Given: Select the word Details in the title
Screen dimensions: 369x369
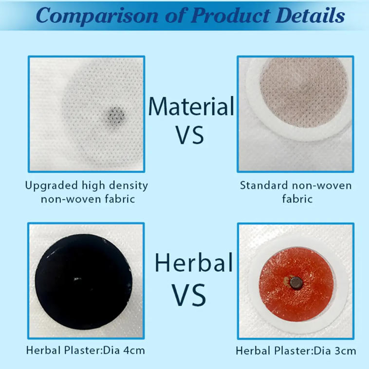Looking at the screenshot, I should pyautogui.click(x=310, y=16).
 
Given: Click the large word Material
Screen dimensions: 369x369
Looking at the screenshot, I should pyautogui.click(x=191, y=106).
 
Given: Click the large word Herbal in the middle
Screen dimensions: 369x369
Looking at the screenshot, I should pyautogui.click(x=193, y=263).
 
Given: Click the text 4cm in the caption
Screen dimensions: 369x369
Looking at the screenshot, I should pyautogui.click(x=135, y=351).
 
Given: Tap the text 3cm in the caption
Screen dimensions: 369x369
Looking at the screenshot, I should pyautogui.click(x=346, y=351).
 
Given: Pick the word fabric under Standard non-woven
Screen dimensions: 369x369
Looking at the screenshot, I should pyautogui.click(x=297, y=199).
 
